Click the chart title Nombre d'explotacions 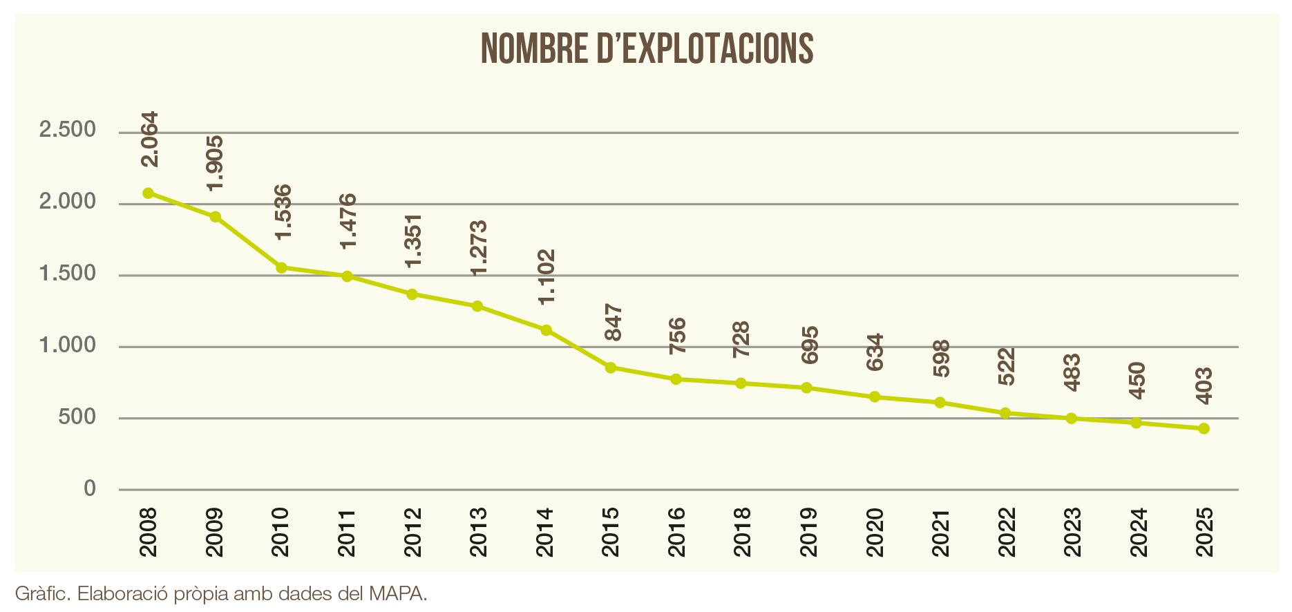(647, 48)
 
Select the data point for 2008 (148, 193)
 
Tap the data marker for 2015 (611, 367)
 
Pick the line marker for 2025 (1204, 429)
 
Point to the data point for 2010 (281, 267)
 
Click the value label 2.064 (149, 140)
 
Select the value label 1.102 (547, 277)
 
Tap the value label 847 (613, 323)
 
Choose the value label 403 (1204, 386)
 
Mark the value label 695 (809, 345)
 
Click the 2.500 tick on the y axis (67, 130)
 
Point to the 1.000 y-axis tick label (67, 345)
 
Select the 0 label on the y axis (90, 489)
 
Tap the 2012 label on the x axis (413, 533)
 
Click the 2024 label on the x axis (1138, 533)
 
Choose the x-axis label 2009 (215, 533)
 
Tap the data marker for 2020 (875, 397)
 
